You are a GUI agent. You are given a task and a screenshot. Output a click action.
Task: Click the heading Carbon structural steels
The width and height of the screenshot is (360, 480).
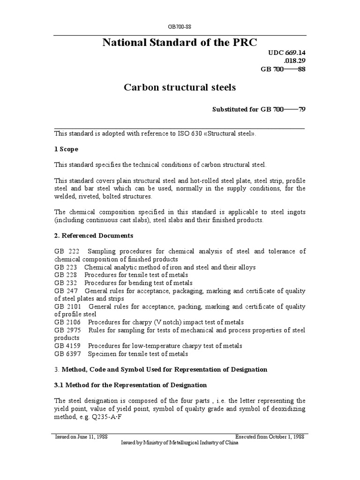[180, 87]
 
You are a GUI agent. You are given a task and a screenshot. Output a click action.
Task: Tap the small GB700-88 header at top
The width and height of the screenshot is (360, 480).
[180, 27]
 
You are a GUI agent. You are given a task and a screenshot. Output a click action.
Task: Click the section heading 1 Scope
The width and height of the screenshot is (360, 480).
[66, 149]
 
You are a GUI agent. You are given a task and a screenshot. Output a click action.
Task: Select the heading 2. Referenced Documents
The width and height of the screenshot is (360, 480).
[94, 235]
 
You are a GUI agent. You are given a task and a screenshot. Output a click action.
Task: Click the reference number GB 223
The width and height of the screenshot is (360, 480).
[62, 267]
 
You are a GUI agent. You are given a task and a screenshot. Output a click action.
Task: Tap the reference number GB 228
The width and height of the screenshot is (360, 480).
[62, 275]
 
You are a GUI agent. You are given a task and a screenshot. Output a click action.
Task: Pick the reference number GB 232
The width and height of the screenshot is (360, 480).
[62, 283]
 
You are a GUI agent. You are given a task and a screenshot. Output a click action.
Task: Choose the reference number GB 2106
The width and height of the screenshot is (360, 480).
[64, 322]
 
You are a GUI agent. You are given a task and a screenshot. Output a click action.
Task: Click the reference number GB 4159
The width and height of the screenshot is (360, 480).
[64, 346]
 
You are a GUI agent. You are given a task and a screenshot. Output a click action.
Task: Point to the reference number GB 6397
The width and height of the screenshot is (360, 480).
[64, 354]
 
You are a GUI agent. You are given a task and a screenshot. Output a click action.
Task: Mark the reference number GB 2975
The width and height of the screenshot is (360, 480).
[64, 330]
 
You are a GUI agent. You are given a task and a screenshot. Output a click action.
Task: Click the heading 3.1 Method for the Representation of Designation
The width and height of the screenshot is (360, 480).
[130, 385]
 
